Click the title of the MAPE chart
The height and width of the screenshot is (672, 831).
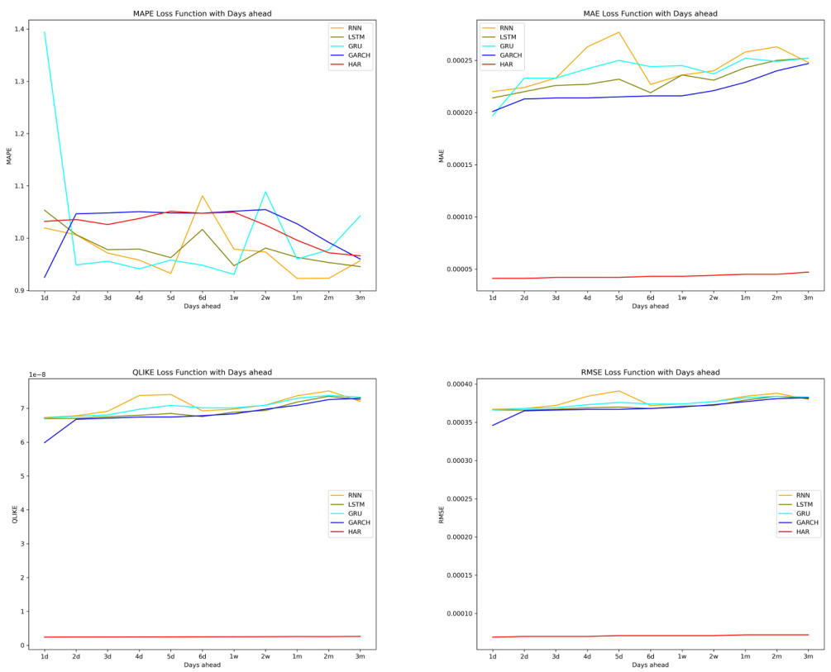[x=202, y=14]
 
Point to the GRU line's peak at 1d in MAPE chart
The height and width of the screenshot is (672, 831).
[x=45, y=32]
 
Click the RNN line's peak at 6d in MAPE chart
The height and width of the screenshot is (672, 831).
[x=203, y=196]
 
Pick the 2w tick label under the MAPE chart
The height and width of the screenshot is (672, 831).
[x=265, y=298]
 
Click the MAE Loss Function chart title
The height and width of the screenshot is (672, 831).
[x=650, y=14]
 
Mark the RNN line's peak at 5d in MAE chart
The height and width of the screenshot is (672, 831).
[x=618, y=32]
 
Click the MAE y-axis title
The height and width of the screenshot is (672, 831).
[x=442, y=155]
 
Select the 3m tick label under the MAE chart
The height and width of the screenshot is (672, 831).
[x=808, y=298]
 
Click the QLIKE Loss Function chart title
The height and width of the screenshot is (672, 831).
[x=202, y=373]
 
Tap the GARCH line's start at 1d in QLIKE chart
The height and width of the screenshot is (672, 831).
[x=45, y=442]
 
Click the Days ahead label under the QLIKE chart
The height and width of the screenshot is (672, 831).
[x=202, y=664]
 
